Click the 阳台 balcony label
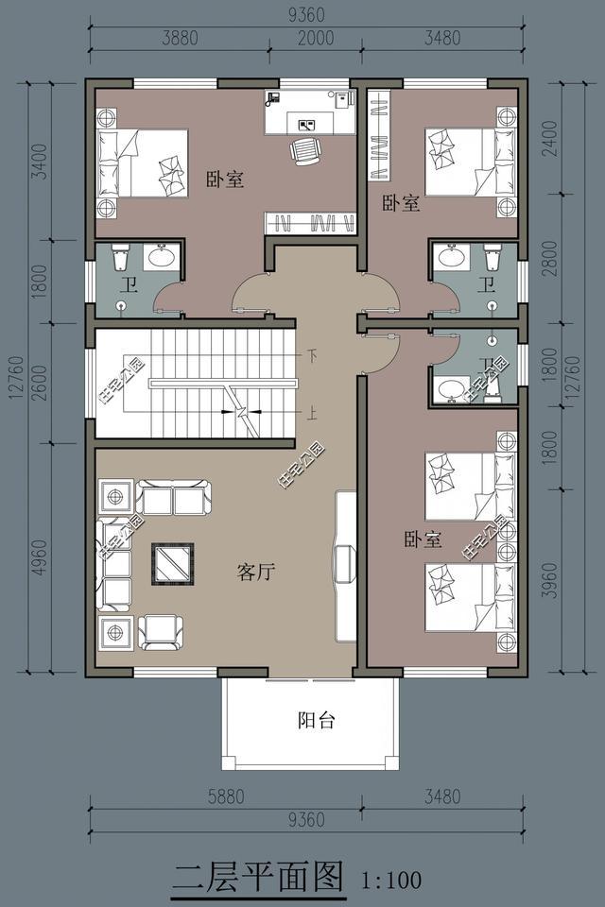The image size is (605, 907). tap(316, 721)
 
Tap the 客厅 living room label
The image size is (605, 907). tap(255, 572)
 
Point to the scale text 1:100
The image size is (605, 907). tap(390, 881)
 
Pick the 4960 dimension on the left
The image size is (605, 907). tap(39, 558)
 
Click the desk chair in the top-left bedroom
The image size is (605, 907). tap(305, 150)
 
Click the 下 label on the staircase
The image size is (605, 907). tap(311, 355)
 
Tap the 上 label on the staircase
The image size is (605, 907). tap(311, 413)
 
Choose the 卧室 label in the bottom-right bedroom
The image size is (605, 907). tap(423, 540)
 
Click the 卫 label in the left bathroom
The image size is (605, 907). tap(130, 284)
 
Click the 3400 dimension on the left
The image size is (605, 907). tap(39, 161)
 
